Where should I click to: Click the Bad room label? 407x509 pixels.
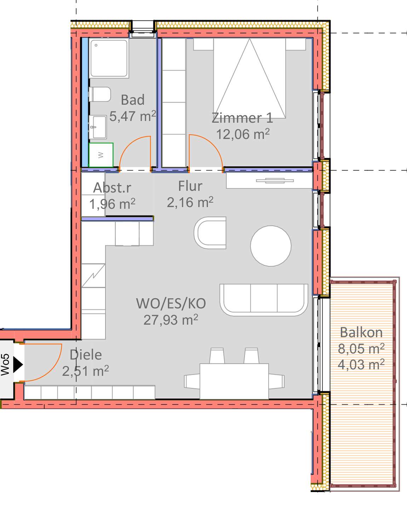[132, 100]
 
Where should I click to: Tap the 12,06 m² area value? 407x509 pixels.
[243, 134]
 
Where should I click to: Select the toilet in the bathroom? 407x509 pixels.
[100, 94]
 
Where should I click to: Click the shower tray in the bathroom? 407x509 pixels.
[109, 58]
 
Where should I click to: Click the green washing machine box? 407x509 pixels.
[101, 155]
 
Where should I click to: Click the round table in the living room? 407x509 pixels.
[271, 246]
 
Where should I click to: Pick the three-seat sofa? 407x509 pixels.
[264, 300]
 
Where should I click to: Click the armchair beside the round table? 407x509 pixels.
[210, 233]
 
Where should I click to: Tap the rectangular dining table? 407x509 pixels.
[234, 381]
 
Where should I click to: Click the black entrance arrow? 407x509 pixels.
[18, 365]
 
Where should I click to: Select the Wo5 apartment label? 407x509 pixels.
[5, 364]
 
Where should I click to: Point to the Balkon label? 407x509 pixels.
[361, 332]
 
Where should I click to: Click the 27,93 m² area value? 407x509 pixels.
[171, 320]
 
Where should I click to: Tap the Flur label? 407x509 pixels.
[190, 186]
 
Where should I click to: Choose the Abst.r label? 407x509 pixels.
[112, 188]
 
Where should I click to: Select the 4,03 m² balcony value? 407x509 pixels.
[361, 364]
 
